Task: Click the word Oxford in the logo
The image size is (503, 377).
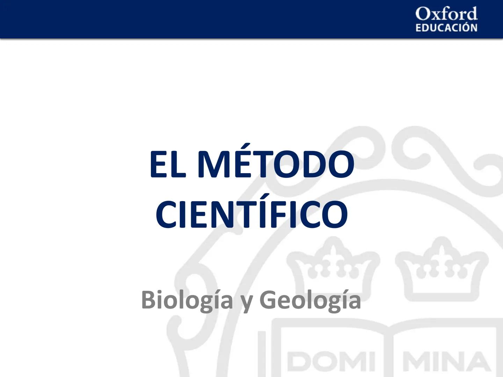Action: [446, 14]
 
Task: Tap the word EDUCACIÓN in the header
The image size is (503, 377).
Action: [446, 28]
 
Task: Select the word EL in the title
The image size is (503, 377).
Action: [167, 164]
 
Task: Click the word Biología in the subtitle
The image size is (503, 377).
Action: [187, 300]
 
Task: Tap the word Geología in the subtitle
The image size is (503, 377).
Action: [310, 300]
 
